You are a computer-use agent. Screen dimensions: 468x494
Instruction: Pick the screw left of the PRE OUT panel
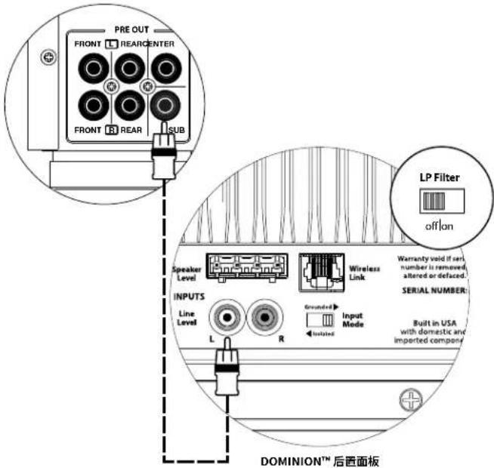(x=48, y=57)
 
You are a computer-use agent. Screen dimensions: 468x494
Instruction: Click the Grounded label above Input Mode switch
(x=315, y=307)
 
